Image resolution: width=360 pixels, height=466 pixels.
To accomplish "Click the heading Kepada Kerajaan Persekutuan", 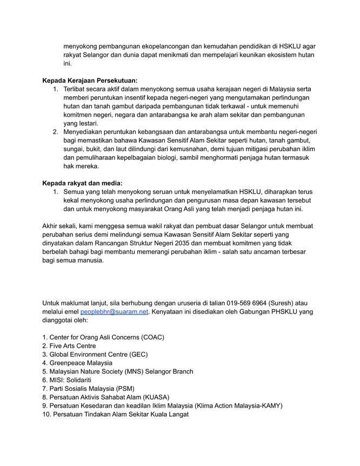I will click(90, 81).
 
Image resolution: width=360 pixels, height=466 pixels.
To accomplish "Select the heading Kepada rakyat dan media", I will click(82, 183).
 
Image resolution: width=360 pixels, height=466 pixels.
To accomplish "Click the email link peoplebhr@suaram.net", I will click(114, 312).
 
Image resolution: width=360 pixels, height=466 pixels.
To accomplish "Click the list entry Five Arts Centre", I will click(72, 346).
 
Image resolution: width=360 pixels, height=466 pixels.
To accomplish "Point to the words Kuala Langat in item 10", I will click(167, 415).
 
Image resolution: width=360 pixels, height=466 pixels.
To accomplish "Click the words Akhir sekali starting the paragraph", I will click(61, 226).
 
